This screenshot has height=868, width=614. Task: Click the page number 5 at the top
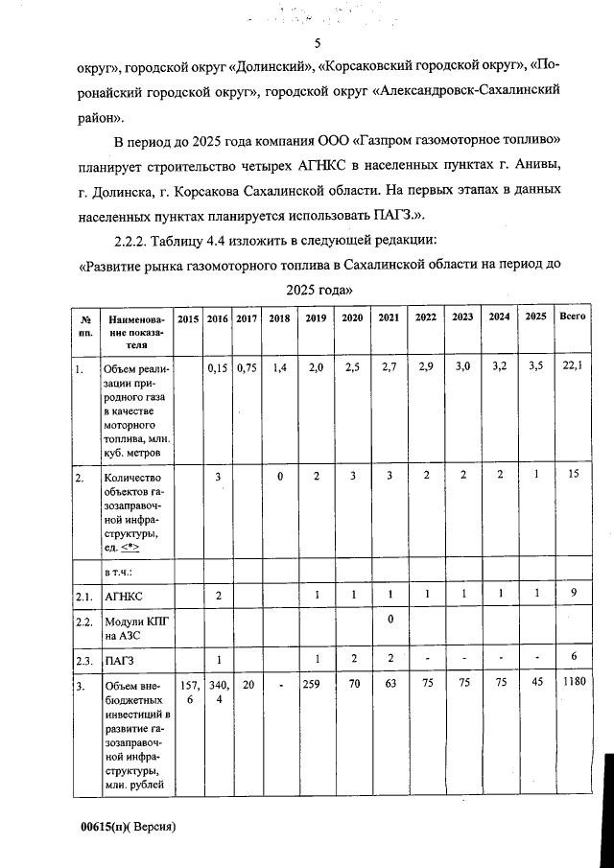point(318,43)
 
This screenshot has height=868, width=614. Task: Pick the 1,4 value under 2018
point(279,366)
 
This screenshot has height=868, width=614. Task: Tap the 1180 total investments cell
point(573,686)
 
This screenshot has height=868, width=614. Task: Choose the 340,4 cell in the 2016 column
point(219,693)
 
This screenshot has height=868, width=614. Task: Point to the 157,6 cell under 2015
point(188,693)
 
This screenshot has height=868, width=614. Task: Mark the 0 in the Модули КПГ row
point(390,619)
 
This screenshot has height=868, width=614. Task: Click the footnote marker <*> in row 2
point(130,547)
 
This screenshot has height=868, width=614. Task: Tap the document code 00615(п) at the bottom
point(106,826)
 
